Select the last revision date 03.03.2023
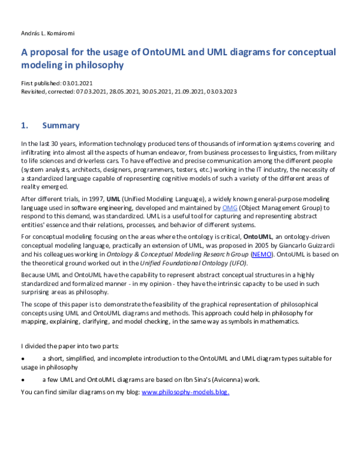221,91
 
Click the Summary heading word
61,126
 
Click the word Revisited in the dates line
34,91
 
